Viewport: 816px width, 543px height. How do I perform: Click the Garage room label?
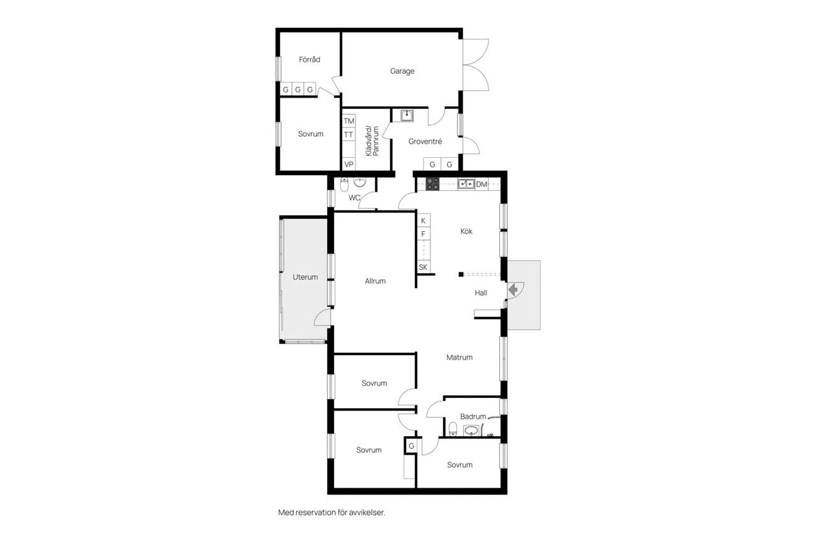tap(402, 71)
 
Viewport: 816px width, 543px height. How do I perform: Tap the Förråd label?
tap(309, 59)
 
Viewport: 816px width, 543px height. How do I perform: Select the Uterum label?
tap(305, 277)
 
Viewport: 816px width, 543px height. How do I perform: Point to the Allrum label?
tap(375, 281)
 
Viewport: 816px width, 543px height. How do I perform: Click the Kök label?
tap(466, 231)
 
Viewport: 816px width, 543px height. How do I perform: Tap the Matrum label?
tap(460, 358)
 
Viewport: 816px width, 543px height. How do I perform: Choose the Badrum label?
tap(473, 416)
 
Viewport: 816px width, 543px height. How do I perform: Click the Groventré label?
tap(425, 141)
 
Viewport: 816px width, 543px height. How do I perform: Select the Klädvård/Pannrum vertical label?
tap(372, 141)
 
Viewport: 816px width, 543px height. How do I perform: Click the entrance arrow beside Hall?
tap(513, 290)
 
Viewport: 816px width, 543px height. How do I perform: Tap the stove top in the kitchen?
tap(432, 184)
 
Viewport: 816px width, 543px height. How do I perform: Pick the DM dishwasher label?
tap(481, 185)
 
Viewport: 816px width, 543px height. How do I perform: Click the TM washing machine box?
tap(349, 121)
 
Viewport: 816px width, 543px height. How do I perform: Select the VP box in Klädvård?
tap(349, 164)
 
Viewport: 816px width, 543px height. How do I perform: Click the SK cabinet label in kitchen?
tap(423, 267)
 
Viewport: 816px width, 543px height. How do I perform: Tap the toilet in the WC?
tap(344, 185)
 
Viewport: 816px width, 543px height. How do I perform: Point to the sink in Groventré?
tap(407, 116)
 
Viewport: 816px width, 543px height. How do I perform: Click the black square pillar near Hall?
tap(461, 274)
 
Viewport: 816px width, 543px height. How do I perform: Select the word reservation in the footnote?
tap(316, 512)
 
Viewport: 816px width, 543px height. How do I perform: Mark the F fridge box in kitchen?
tap(423, 234)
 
